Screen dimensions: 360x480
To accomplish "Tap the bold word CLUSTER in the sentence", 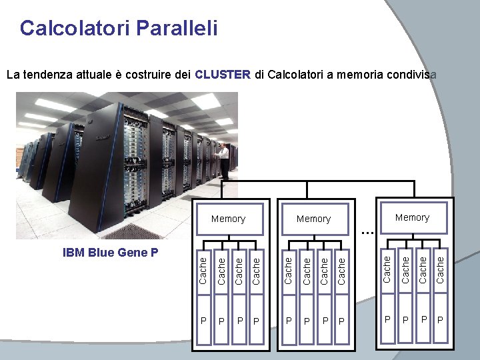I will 223,74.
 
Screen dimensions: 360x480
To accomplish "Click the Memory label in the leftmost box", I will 228,219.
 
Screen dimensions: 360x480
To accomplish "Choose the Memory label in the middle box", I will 313,219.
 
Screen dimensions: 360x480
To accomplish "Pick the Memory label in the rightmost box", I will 412,217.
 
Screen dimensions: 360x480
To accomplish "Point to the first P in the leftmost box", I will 204,321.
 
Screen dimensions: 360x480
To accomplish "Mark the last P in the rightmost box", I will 439,320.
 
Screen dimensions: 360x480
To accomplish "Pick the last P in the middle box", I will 341,321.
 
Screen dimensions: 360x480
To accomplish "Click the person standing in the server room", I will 224,160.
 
